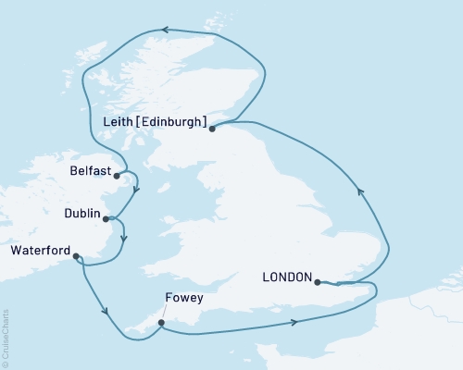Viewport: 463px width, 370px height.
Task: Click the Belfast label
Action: pyautogui.click(x=91, y=171)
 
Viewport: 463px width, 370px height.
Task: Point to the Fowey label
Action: pyautogui.click(x=179, y=299)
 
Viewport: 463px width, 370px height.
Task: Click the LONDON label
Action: pyautogui.click(x=286, y=277)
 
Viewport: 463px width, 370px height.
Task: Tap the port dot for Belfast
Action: pyautogui.click(x=117, y=176)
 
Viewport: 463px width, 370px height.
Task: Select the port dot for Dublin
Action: pyautogui.click(x=106, y=219)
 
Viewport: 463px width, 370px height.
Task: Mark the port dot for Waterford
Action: pyautogui.click(x=76, y=257)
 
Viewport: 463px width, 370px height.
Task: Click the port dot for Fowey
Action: pyautogui.click(x=161, y=323)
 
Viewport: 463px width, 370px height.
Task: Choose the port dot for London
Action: pyautogui.click(x=318, y=282)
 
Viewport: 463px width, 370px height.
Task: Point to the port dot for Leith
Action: pyautogui.click(x=212, y=129)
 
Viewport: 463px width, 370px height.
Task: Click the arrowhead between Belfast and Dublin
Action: pyautogui.click(x=136, y=191)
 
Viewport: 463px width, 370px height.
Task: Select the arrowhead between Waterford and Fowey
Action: pyautogui.click(x=109, y=311)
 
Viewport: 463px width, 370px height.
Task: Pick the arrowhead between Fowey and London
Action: pyautogui.click(x=294, y=322)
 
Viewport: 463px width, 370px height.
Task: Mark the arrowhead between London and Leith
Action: pyautogui.click(x=361, y=192)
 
